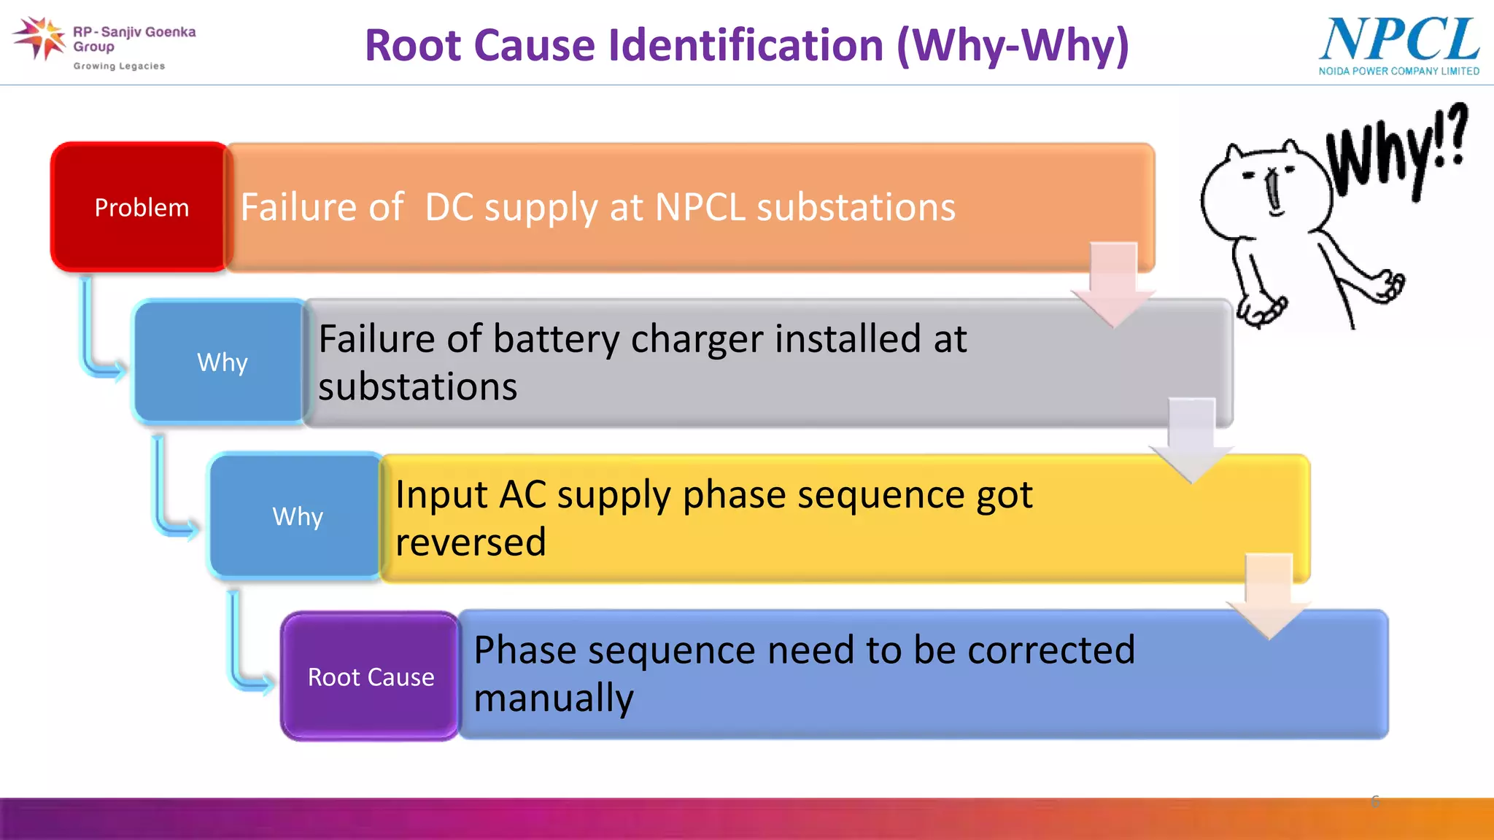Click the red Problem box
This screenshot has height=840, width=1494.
[x=141, y=207]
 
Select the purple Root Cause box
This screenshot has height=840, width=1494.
[x=371, y=676]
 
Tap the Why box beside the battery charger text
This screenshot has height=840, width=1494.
[x=222, y=362]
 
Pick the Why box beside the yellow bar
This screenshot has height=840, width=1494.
[x=297, y=516]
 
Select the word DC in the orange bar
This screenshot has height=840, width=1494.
[x=449, y=207]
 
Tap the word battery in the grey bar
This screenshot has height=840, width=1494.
[x=556, y=339]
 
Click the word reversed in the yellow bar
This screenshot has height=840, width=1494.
[x=471, y=542]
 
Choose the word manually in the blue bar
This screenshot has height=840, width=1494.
[x=554, y=698]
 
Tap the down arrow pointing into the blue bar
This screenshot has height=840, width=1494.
[x=1269, y=595]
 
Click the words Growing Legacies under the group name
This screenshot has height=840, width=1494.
[x=119, y=66]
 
